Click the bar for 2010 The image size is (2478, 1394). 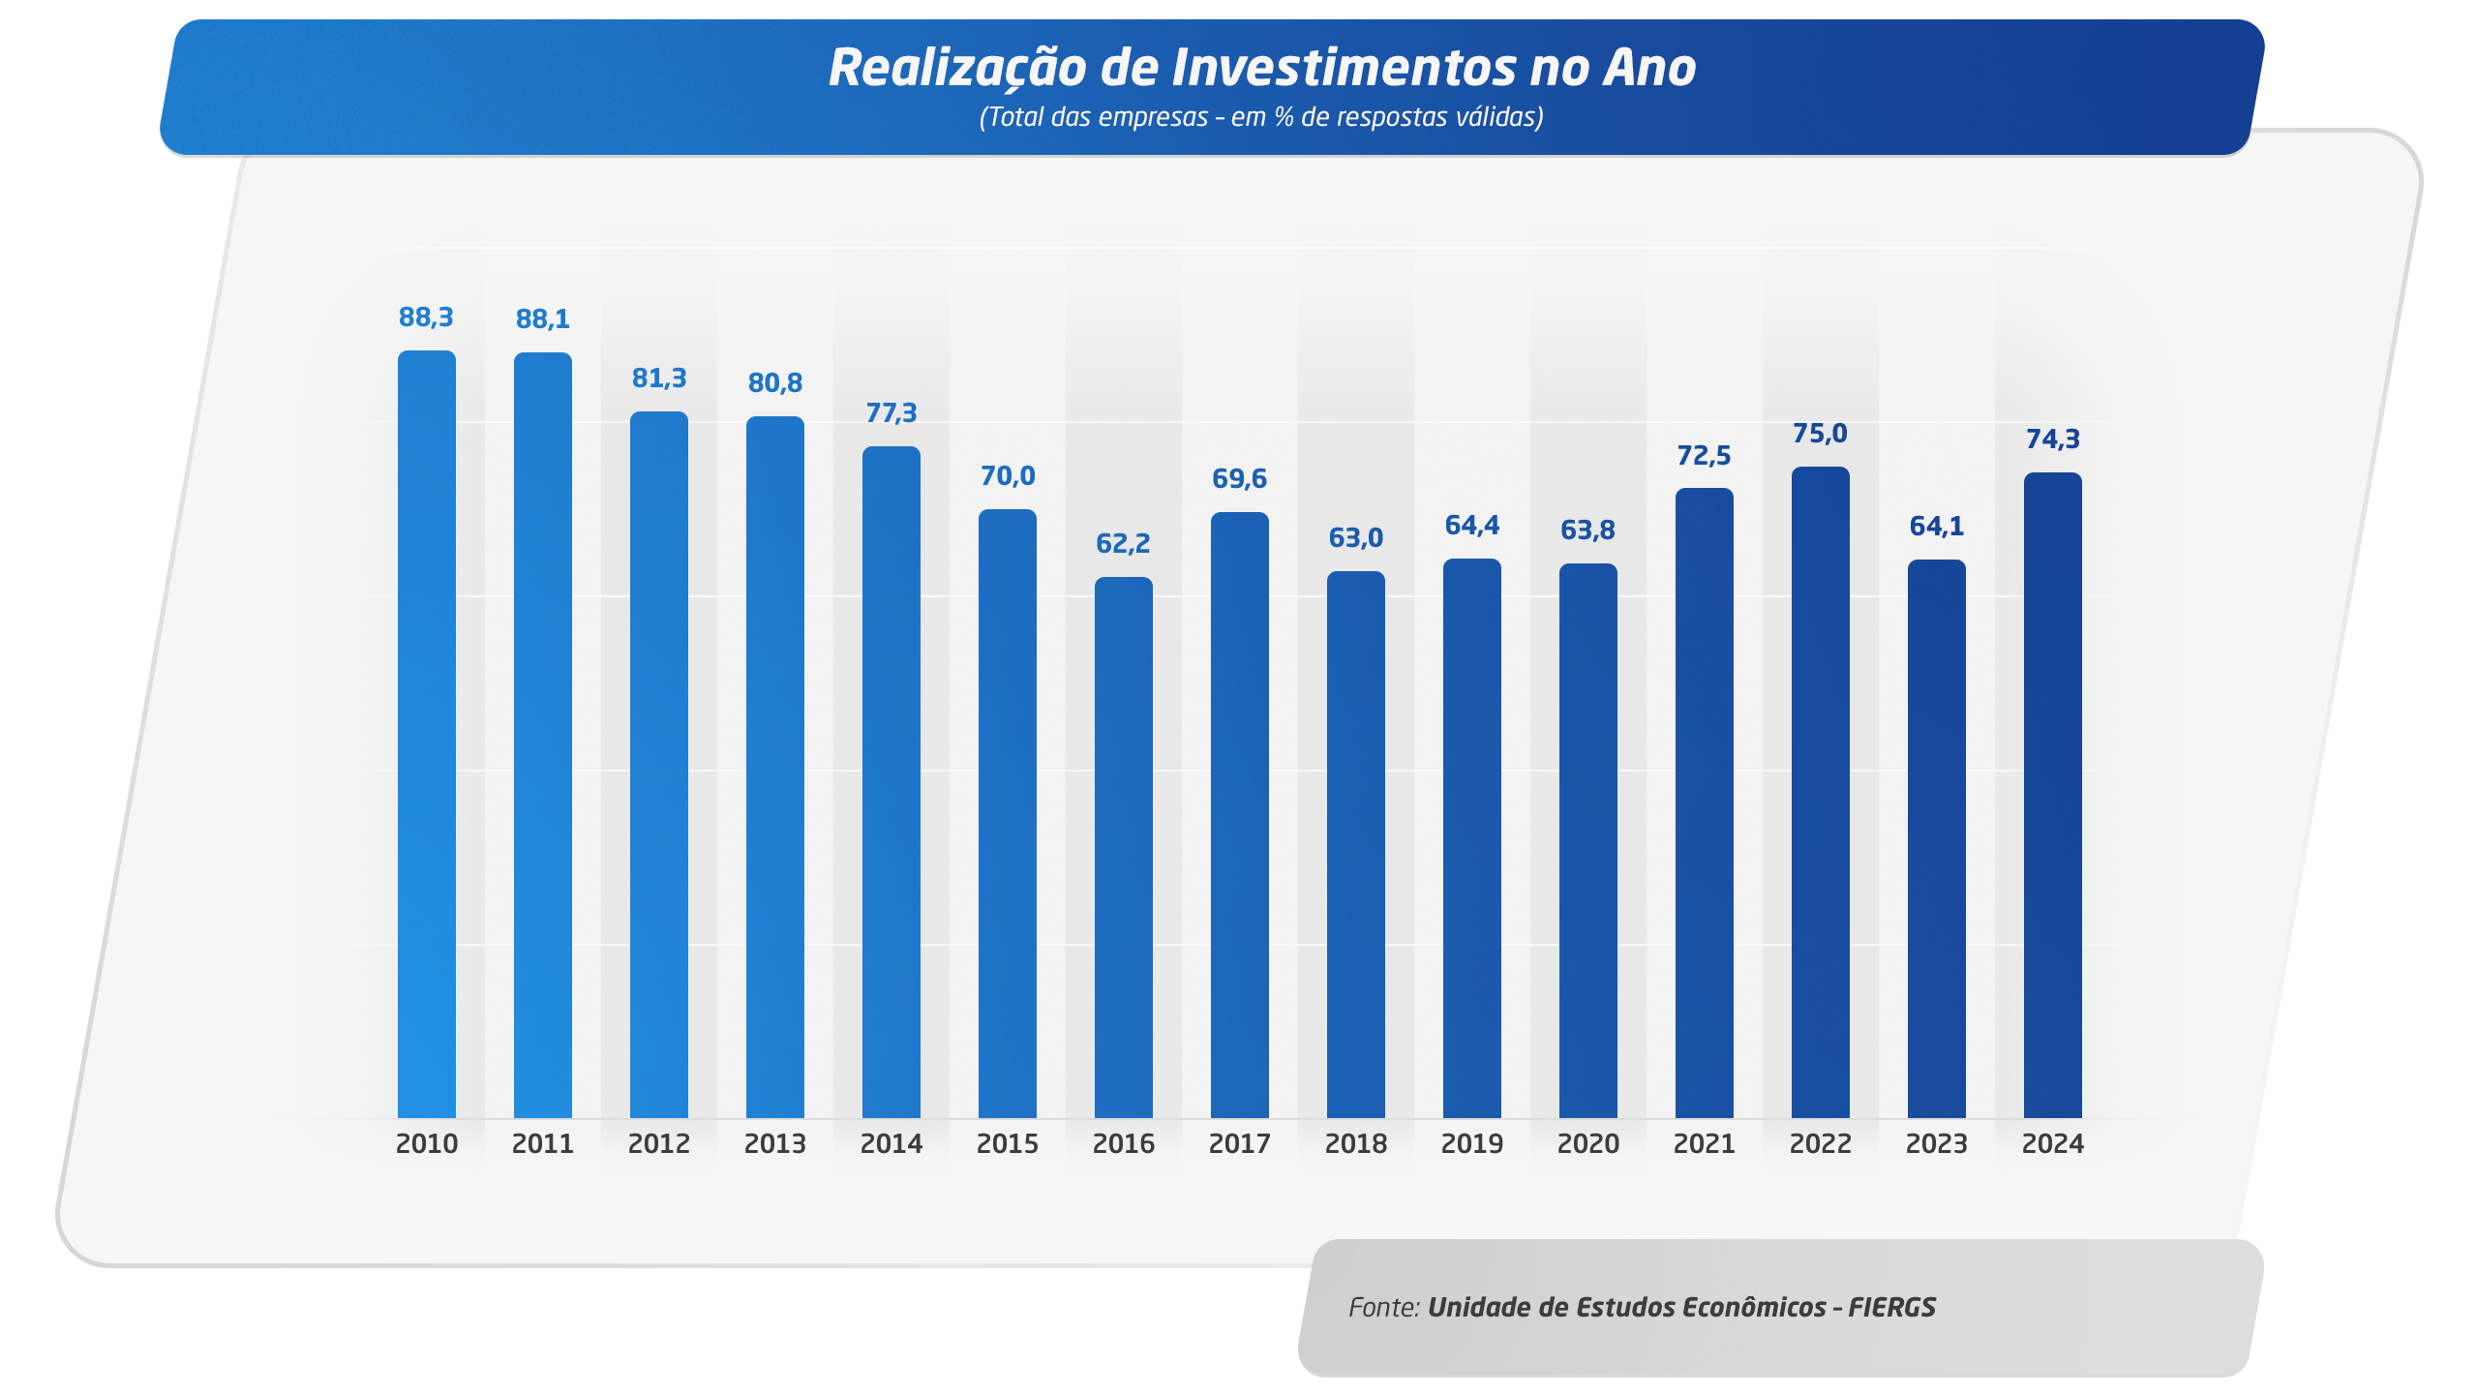tap(426, 736)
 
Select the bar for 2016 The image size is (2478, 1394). tap(1123, 847)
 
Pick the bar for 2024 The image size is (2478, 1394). tap(2052, 796)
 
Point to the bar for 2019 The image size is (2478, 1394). tap(1471, 838)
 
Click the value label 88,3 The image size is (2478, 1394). tap(426, 318)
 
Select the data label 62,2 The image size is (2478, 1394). tap(1123, 544)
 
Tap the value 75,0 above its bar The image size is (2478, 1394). tap(1820, 434)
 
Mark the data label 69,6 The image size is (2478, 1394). tap(1239, 479)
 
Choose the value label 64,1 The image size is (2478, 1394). tap(1936, 527)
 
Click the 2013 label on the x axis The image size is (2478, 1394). tap(774, 1144)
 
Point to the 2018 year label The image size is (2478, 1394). tap(1355, 1144)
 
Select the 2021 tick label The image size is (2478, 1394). tap(1704, 1144)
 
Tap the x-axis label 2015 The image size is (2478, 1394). tap(1007, 1144)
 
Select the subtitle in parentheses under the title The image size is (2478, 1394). tap(1261, 118)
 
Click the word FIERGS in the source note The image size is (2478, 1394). tap(1891, 1308)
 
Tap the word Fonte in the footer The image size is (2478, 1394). tap(1383, 1308)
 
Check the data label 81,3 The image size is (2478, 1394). tap(658, 379)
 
